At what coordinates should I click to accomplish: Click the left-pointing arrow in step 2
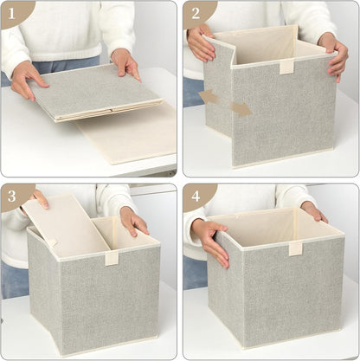(209, 96)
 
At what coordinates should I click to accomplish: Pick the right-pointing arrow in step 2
(242, 109)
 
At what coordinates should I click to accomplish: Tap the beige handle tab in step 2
(286, 67)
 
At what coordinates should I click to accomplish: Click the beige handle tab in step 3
(111, 257)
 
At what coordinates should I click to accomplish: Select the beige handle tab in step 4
(296, 248)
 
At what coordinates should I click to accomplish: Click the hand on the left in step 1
(29, 77)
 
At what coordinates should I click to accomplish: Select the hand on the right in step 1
(126, 62)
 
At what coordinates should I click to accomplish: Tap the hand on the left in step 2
(201, 43)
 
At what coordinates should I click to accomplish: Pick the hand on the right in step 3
(133, 222)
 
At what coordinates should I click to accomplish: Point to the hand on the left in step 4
(210, 241)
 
